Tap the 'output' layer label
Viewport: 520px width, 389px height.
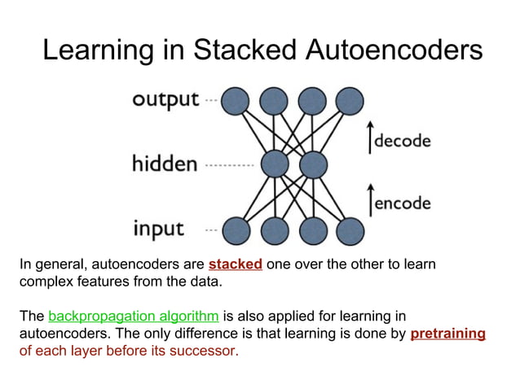click(x=165, y=100)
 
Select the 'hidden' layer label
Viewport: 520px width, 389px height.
click(x=165, y=164)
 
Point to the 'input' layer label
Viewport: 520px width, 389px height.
click(x=159, y=229)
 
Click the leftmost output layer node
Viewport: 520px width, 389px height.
click(x=236, y=100)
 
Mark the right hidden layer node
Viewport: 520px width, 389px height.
click(x=311, y=164)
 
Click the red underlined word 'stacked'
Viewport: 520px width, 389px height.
click(x=235, y=264)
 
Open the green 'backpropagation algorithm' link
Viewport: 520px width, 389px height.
click(x=134, y=316)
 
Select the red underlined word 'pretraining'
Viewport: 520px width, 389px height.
click(x=447, y=334)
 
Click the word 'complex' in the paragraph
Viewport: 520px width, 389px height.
click(x=45, y=282)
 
